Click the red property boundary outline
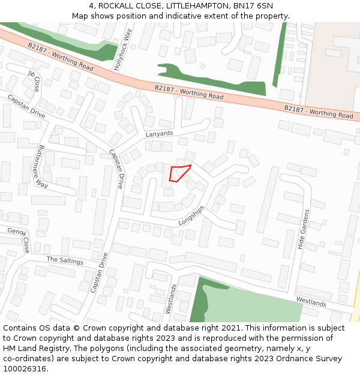(179, 173)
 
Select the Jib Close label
(34, 80)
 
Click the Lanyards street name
(159, 134)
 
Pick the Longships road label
(191, 216)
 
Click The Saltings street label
(65, 260)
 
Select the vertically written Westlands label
(172, 299)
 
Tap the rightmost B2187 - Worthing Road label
(319, 112)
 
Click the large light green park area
(252, 303)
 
